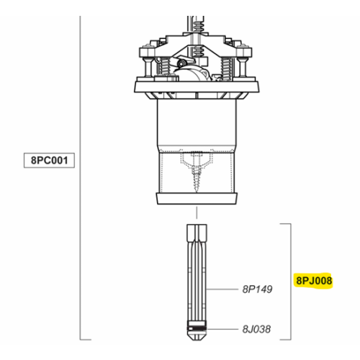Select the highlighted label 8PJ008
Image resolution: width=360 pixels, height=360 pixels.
[313, 280]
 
